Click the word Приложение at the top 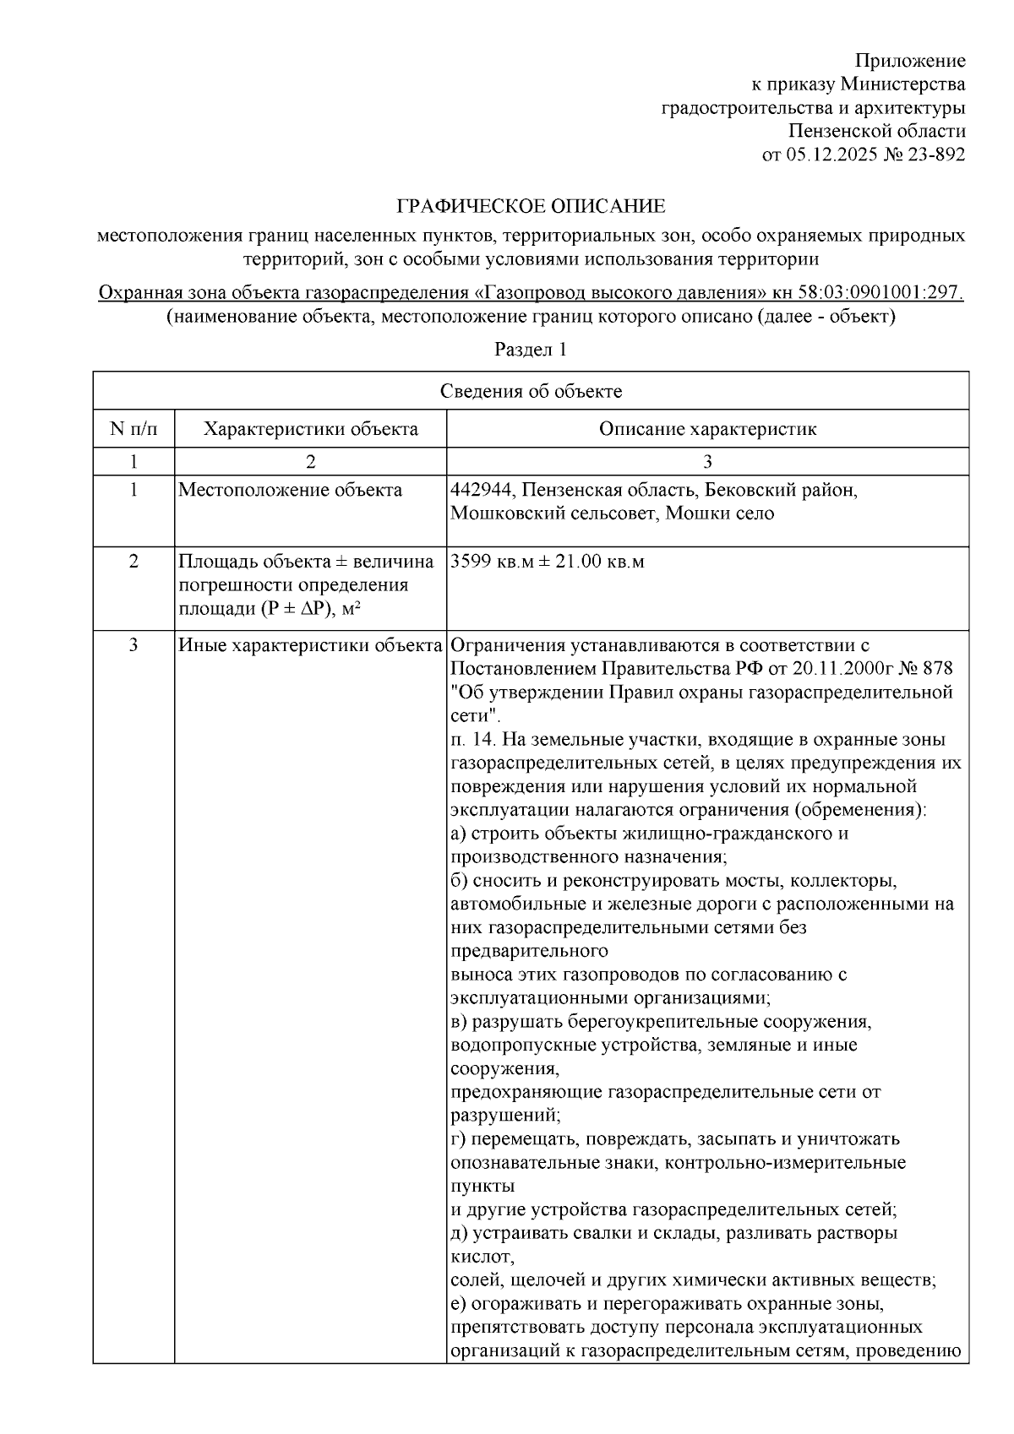pyautogui.click(x=910, y=61)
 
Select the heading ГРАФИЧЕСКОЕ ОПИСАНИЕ pyautogui.click(x=532, y=206)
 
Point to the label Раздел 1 pyautogui.click(x=530, y=350)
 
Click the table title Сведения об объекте pyautogui.click(x=531, y=391)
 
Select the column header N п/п pyautogui.click(x=134, y=429)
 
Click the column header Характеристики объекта pyautogui.click(x=310, y=429)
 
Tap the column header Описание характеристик pyautogui.click(x=707, y=429)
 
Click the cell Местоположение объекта pyautogui.click(x=290, y=491)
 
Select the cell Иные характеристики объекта pyautogui.click(x=310, y=646)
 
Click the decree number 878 pyautogui.click(x=937, y=669)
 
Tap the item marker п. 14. pyautogui.click(x=473, y=740)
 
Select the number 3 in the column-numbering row pyautogui.click(x=707, y=462)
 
